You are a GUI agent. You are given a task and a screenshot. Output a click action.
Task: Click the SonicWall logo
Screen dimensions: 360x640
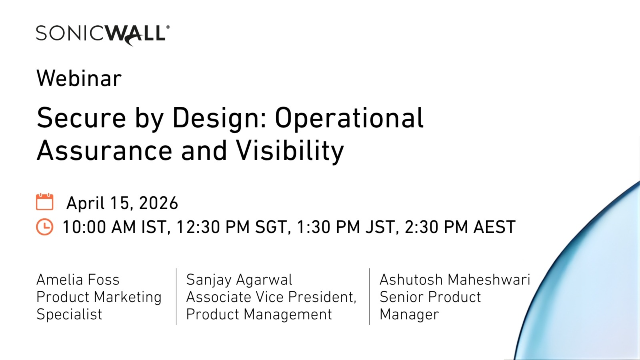tap(102, 33)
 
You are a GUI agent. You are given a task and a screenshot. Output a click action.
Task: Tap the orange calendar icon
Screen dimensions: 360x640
tap(44, 201)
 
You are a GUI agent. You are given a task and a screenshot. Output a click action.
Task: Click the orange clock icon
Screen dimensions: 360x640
tap(44, 227)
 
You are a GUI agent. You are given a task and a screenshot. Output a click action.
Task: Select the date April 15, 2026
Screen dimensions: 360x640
tap(122, 203)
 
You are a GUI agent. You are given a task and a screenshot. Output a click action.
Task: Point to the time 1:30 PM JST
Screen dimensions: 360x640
tap(341, 227)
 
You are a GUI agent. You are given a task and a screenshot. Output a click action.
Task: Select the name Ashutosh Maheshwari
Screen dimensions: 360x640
tap(454, 280)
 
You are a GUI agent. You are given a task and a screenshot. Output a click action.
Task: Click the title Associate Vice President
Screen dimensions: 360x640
tap(271, 297)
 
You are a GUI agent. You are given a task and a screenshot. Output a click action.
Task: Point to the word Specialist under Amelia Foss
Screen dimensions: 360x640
tap(69, 314)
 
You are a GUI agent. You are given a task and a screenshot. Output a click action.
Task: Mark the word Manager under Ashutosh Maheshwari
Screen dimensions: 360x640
tap(409, 314)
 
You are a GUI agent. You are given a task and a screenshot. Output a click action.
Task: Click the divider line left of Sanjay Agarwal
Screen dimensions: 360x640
tap(176, 296)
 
